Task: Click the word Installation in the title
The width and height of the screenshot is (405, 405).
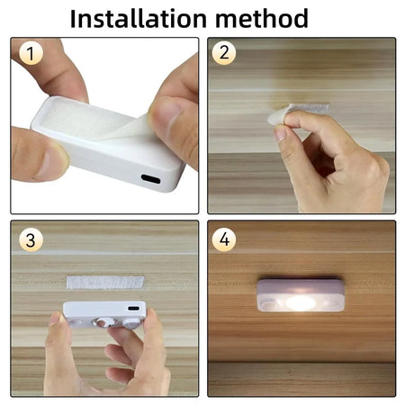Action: (135, 17)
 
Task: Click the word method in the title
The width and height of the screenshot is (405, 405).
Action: (266, 17)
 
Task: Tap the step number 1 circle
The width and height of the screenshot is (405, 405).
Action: (31, 54)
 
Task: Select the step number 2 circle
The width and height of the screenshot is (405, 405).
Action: (225, 54)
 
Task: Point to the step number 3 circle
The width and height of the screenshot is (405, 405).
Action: (31, 240)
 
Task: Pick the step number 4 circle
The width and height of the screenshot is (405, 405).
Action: (225, 240)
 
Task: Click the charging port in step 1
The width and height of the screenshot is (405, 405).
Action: (150, 179)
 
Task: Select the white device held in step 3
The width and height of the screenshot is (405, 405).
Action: (104, 314)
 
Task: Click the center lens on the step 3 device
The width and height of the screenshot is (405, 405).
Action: (107, 320)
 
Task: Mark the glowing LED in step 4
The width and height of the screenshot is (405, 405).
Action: (300, 303)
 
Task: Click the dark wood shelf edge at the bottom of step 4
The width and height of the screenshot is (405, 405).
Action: (301, 378)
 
